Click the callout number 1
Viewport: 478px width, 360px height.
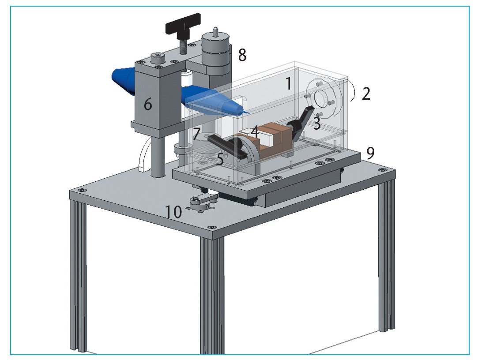[x=288, y=83]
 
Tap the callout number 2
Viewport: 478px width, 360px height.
[x=366, y=94]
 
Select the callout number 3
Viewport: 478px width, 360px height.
[x=317, y=123]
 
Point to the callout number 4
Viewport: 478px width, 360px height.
[x=255, y=132]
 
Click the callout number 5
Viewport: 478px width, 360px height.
[x=220, y=159]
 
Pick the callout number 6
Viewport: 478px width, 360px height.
[x=148, y=105]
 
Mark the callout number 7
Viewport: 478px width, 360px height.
[x=196, y=134]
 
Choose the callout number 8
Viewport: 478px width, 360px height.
[x=242, y=55]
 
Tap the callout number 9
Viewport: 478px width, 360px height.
[x=370, y=154]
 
